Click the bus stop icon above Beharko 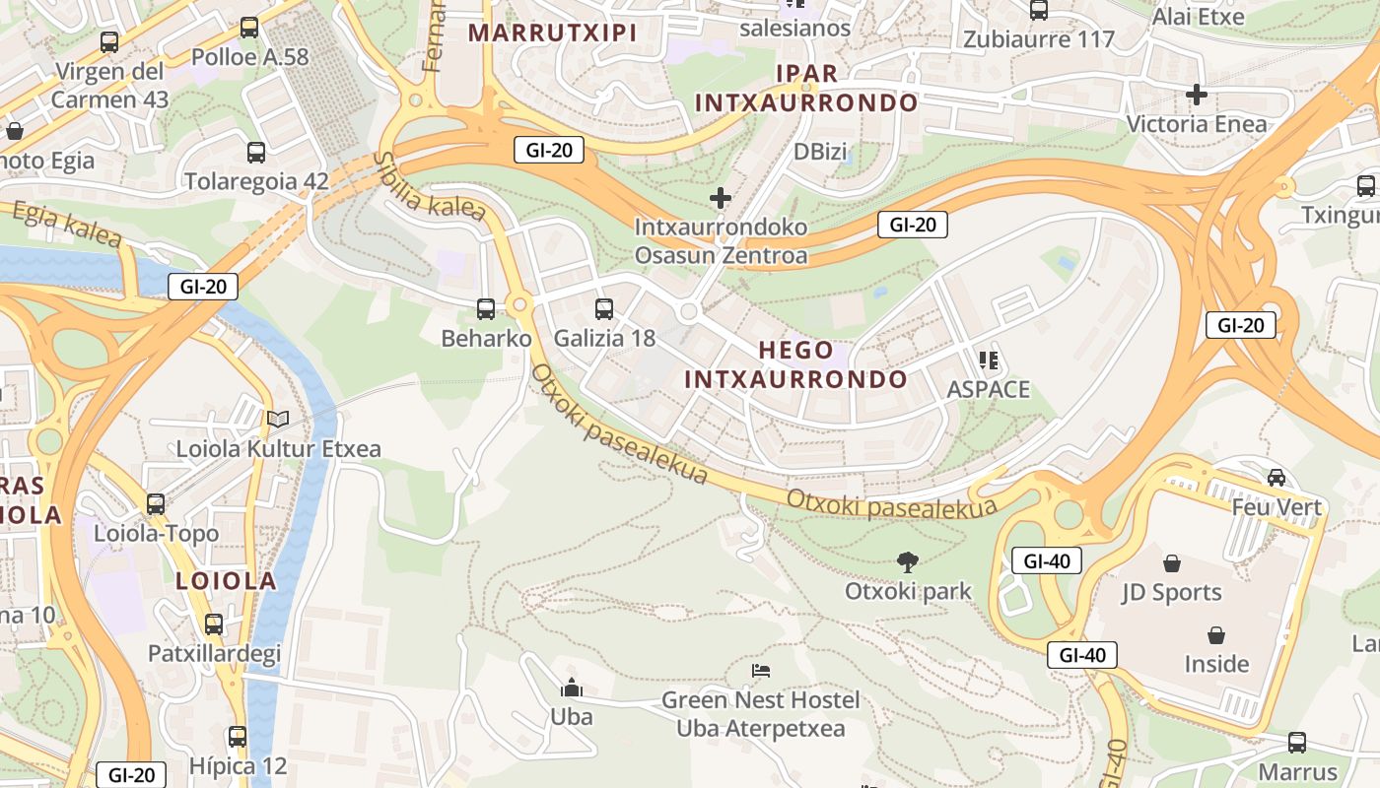click(486, 309)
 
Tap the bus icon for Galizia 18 click(604, 309)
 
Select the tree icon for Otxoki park click(908, 562)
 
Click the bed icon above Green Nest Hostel click(761, 671)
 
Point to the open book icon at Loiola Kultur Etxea click(278, 420)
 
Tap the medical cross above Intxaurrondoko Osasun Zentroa click(721, 198)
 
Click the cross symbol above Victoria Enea click(1197, 95)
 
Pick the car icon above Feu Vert click(1276, 478)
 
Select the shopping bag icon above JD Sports click(1172, 563)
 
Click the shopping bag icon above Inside click(1216, 634)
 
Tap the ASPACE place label click(988, 389)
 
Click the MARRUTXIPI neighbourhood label click(552, 33)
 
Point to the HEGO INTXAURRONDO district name click(795, 364)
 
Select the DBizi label click(821, 152)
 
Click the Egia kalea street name click(67, 226)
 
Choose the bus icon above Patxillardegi click(214, 624)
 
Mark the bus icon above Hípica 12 click(238, 737)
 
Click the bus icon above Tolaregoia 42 click(256, 153)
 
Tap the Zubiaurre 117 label click(1039, 40)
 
